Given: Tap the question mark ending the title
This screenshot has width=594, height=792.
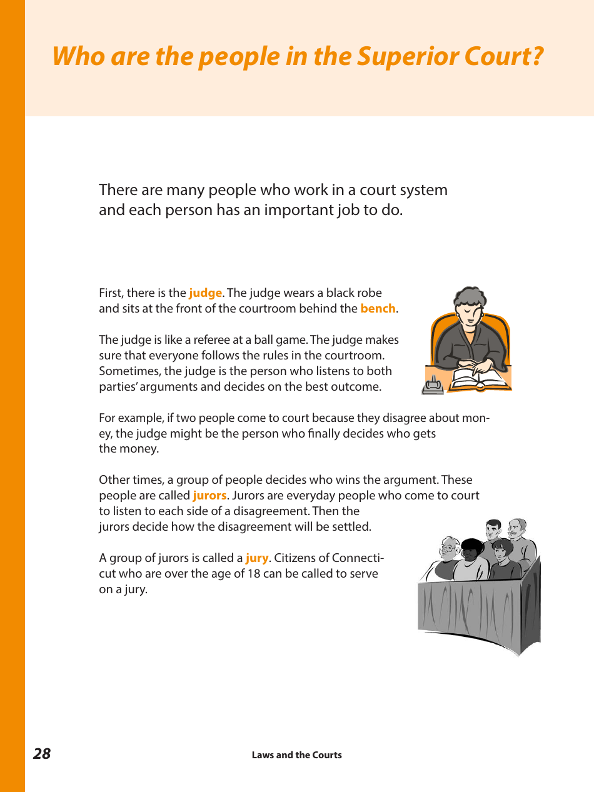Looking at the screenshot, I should click(536, 57).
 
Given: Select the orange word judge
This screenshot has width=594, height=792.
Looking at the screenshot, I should click(205, 293).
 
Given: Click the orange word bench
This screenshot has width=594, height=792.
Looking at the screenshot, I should click(378, 309).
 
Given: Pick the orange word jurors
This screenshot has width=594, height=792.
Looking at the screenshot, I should click(209, 496).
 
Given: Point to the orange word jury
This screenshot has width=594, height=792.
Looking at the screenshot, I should click(256, 558).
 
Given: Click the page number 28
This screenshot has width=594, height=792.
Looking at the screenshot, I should click(42, 754).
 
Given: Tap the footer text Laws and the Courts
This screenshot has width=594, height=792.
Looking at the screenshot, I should click(296, 755).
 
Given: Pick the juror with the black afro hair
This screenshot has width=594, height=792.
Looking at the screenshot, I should click(472, 549).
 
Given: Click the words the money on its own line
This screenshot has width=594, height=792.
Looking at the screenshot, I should click(129, 449).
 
